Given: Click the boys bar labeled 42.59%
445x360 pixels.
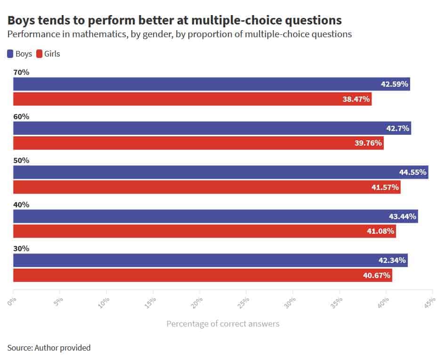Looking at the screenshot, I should pos(211,84).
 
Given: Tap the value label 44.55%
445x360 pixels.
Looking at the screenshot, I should pos(413,172).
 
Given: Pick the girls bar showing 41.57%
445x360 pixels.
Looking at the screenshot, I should pos(207,187).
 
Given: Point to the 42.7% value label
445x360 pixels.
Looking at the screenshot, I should pos(398,128).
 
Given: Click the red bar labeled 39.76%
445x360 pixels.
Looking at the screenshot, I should pos(198,143).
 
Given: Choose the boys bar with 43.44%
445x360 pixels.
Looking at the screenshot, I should pos(215,216).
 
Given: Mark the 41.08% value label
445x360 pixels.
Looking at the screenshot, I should pos(380,231).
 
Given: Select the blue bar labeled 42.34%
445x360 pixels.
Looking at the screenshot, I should pos(210,261).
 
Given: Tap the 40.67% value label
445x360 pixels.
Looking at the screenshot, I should pos(377,275).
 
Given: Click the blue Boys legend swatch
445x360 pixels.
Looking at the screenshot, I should pos(10,54).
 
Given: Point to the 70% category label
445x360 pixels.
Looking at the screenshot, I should pos(21,72).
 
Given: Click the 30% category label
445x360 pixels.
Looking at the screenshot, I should pos(21,248).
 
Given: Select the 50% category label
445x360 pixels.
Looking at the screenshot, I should pos(21,160).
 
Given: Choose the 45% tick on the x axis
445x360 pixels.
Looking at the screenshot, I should pos(430,303).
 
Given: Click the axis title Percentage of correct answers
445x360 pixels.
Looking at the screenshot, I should pos(223,324).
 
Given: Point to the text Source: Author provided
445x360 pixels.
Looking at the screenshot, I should pos(49,348).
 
